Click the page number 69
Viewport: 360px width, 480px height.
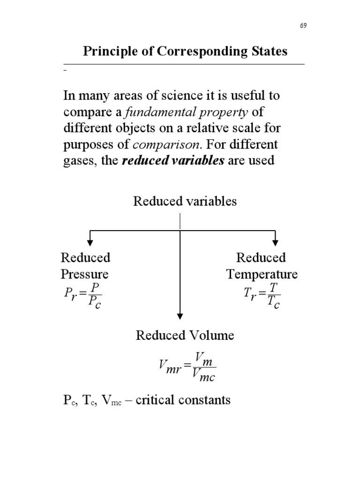303,25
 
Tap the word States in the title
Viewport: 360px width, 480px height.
268,51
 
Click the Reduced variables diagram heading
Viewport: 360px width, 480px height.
185,202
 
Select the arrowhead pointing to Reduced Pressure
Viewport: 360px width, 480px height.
90,241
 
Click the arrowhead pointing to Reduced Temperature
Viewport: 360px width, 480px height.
276,241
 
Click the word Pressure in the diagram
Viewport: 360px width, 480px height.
85,274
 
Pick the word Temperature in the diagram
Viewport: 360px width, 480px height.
262,274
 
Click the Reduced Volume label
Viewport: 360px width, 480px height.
185,336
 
